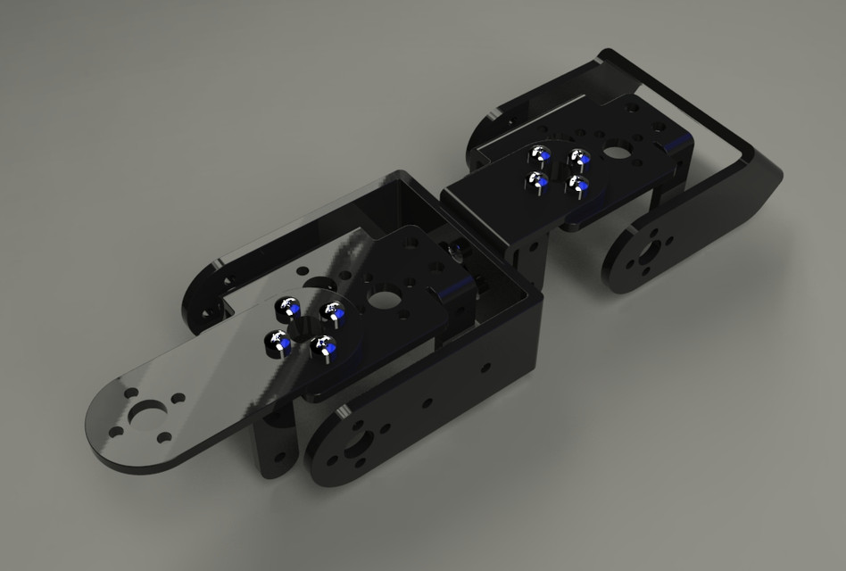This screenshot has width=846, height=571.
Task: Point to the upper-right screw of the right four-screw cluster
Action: [x=581, y=159]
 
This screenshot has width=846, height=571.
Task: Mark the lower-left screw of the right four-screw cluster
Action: [x=537, y=182]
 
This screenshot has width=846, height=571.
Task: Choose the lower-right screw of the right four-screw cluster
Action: [x=579, y=186]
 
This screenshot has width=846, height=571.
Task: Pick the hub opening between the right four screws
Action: [x=560, y=170]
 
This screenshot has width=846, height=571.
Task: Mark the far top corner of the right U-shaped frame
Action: [x=606, y=54]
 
